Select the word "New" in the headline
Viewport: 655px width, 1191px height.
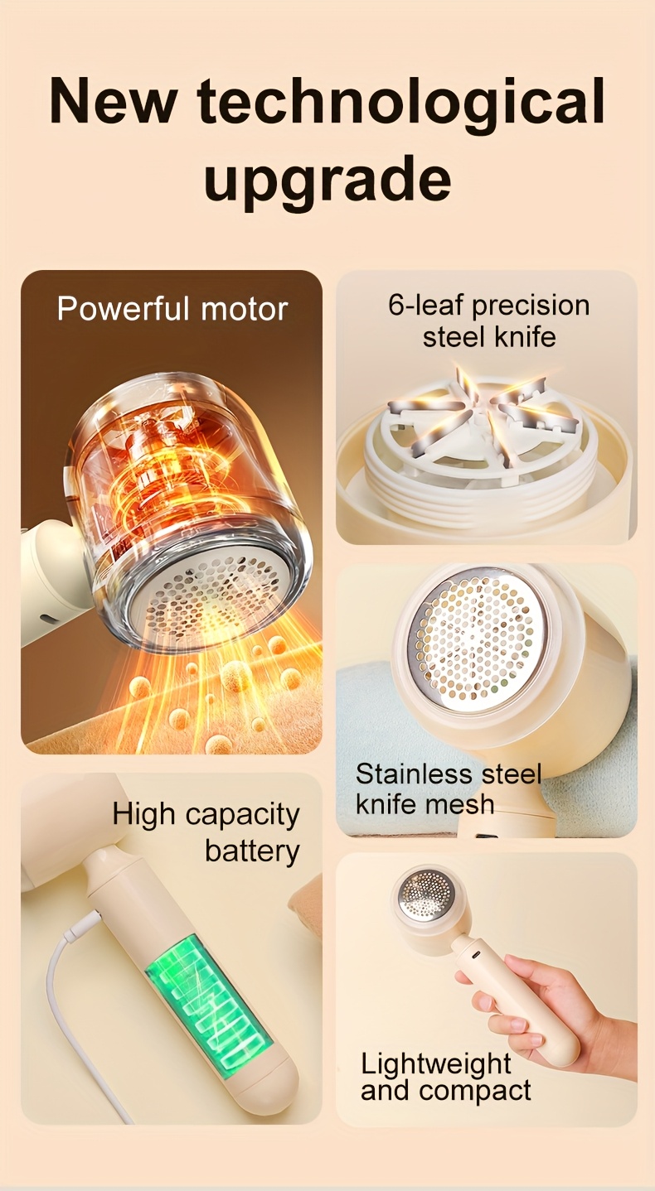pos(113,101)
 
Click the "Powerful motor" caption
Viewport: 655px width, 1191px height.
pos(172,309)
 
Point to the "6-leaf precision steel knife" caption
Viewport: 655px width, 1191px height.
pos(489,321)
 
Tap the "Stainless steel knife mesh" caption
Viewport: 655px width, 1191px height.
pos(448,788)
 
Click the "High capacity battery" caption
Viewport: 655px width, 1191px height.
pos(206,832)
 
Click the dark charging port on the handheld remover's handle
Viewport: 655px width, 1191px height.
pos(475,956)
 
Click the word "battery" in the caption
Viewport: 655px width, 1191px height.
pos(252,851)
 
